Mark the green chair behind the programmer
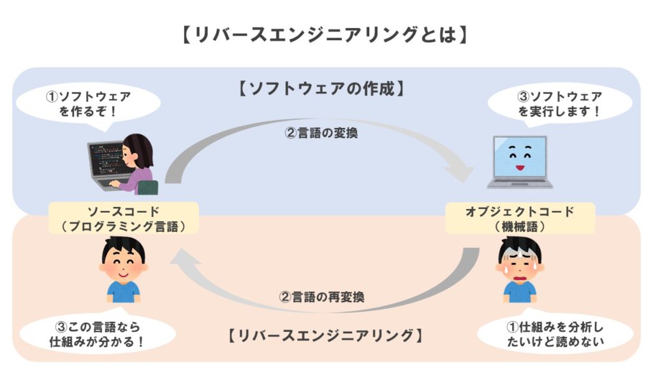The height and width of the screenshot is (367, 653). (148, 187)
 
